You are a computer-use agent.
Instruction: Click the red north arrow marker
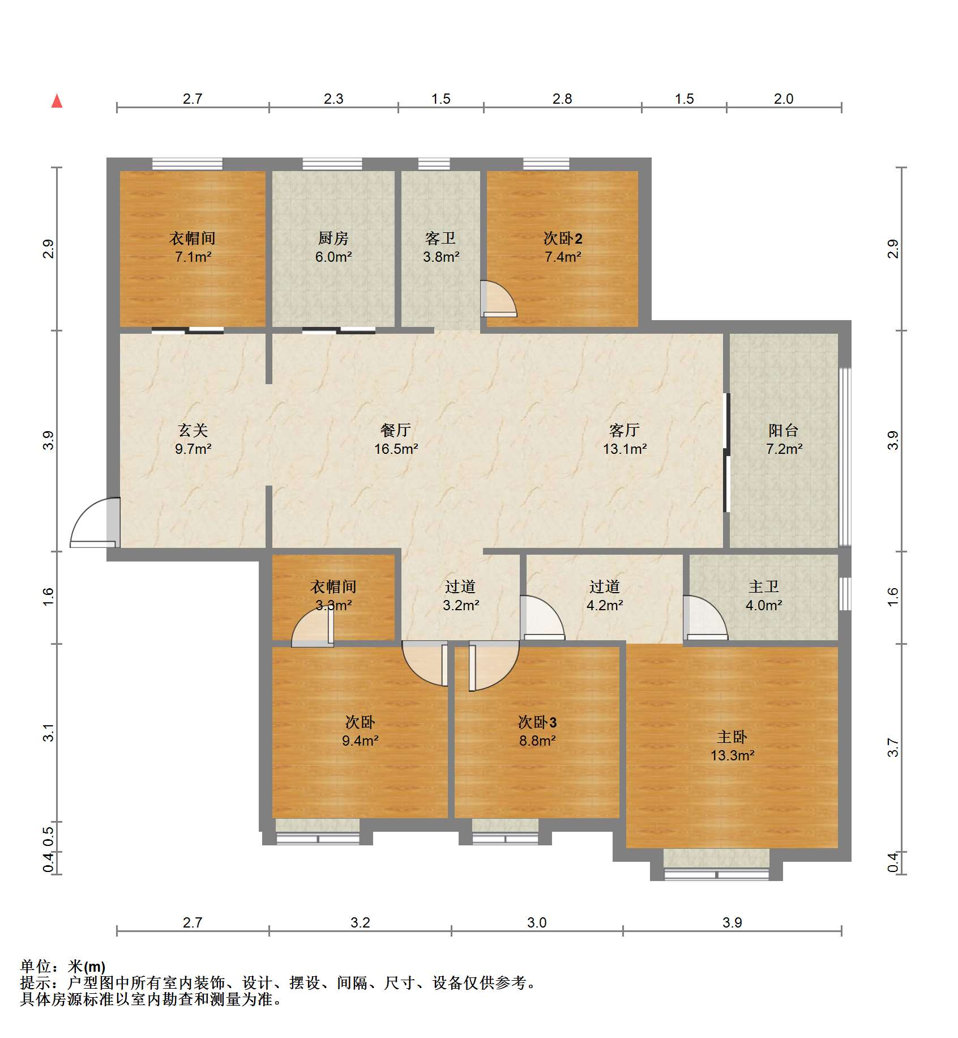point(57,101)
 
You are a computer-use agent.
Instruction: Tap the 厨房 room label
point(333,238)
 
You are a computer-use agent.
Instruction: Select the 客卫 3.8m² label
point(441,248)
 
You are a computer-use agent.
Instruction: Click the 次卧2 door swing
point(498,298)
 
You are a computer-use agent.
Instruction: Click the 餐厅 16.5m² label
point(396,439)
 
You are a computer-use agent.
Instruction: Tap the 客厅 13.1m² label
point(625,439)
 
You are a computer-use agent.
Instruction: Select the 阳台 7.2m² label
point(784,439)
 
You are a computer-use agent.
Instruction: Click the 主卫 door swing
point(705,618)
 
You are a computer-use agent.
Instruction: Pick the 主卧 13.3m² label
point(732,746)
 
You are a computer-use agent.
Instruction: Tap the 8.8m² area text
point(537,741)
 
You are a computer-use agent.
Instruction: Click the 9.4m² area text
point(360,741)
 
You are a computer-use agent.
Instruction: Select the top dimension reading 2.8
point(562,99)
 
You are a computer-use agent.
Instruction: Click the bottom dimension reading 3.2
point(360,922)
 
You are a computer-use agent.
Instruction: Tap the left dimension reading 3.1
point(49,733)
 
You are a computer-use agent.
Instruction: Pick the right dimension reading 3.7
point(893,747)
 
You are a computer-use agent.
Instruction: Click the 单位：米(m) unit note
point(63,966)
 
